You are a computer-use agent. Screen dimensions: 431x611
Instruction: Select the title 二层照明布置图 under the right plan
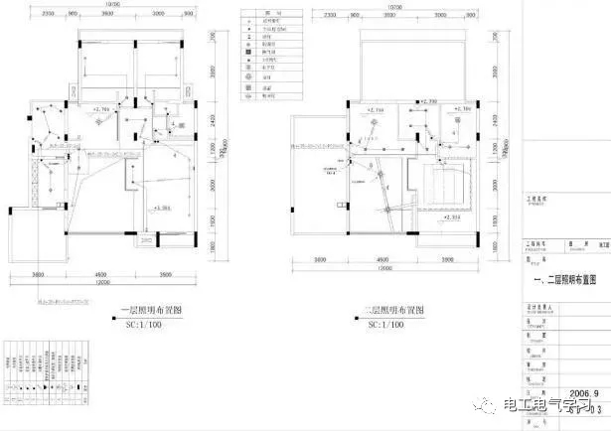point(394,310)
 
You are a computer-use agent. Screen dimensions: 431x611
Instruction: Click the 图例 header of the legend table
point(265,10)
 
